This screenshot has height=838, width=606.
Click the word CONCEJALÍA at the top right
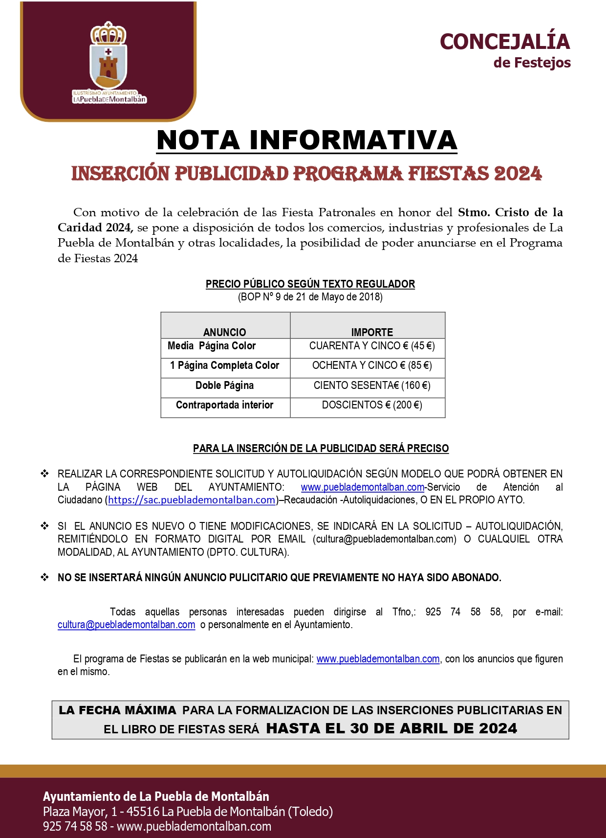(505, 42)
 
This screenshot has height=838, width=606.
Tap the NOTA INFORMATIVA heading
(307, 140)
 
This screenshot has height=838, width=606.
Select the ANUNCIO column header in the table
(225, 332)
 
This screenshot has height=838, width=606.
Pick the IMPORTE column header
(372, 332)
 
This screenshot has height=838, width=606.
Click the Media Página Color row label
(212, 346)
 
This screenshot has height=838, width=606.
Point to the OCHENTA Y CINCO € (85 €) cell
(372, 365)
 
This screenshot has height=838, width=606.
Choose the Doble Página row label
(224, 385)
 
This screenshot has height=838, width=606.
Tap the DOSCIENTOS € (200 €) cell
(372, 405)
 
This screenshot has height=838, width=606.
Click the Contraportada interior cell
(224, 405)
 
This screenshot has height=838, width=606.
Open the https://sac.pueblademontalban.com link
(192, 500)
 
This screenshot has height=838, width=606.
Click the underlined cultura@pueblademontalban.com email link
(127, 625)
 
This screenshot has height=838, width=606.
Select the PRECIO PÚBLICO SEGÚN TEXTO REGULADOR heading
(310, 284)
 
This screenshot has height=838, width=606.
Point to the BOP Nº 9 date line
(310, 297)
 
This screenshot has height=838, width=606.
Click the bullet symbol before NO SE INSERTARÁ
(45, 577)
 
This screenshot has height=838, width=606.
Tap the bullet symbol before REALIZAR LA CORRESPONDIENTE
(45, 474)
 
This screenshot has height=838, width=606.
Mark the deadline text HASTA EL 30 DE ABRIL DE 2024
(391, 728)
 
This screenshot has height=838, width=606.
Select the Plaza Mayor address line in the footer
(188, 812)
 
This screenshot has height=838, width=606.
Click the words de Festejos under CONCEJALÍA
(532, 63)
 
